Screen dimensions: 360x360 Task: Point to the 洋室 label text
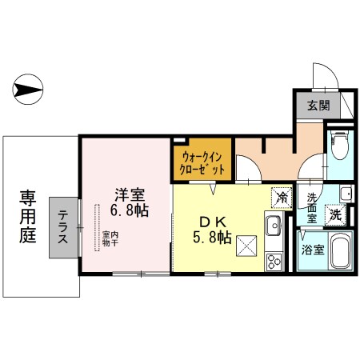coord(129,194)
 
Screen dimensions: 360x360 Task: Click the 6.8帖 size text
coord(130,211)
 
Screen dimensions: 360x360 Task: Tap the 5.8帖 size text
coord(214,238)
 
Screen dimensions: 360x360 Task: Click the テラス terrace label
coord(62,227)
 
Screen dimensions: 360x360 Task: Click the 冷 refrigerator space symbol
coord(282,194)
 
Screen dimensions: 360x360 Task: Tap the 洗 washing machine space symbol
coord(337,214)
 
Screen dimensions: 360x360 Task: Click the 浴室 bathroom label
coord(313,249)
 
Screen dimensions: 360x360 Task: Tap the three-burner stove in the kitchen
coord(272,261)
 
